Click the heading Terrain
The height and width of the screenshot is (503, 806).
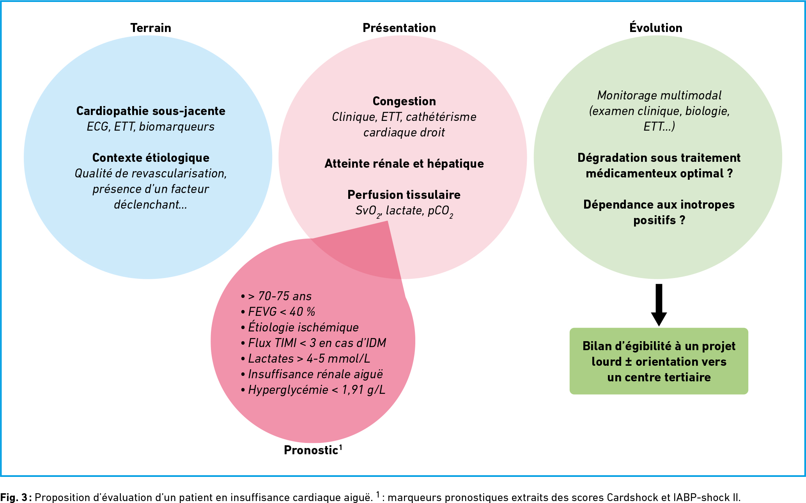point(151,28)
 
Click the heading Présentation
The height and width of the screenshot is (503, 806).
point(399,28)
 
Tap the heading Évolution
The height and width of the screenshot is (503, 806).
point(656,27)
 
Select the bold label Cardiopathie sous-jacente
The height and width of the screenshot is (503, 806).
point(151,111)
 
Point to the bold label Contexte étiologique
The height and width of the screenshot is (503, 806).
point(151,158)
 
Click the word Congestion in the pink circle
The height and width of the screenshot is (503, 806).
point(404,101)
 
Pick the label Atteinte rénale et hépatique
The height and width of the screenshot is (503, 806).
point(404,163)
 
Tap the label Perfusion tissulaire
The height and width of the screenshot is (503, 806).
point(404,195)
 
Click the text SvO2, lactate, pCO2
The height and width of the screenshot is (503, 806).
point(404,211)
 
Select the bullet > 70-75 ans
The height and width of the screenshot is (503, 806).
point(276,296)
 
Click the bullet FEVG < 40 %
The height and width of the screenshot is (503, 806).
point(278,312)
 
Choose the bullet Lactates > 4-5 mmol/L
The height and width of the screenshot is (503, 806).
point(306,359)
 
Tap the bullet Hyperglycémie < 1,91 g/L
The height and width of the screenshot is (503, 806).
point(313,390)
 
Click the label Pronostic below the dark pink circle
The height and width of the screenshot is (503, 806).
point(313,450)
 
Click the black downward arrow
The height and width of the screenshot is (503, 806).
point(659,305)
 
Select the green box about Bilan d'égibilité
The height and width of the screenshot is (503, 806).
point(659,361)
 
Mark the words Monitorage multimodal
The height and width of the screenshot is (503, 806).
point(659,95)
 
